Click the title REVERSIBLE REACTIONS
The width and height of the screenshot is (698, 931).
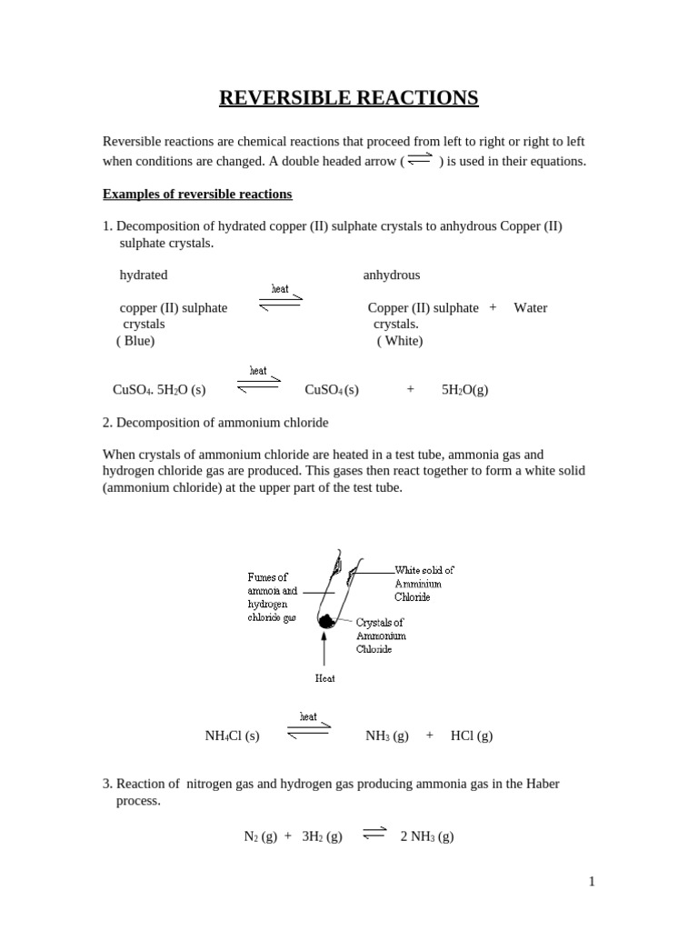348,97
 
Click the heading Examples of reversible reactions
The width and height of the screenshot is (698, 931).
197,194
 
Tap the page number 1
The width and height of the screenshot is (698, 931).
591,881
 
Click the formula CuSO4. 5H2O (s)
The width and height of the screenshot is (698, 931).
159,390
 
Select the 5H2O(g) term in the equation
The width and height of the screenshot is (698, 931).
464,390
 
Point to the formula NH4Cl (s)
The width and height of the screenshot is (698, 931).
232,736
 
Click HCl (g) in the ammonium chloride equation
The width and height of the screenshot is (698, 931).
472,736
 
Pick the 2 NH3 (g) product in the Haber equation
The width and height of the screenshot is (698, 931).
427,837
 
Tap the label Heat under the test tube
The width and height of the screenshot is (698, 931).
324,678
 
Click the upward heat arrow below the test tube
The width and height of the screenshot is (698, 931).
324,650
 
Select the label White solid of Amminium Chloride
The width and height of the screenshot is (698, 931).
424,584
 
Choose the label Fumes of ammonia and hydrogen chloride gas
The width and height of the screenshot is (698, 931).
272,596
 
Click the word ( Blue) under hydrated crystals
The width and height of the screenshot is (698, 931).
135,341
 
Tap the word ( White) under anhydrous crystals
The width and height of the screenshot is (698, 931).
400,341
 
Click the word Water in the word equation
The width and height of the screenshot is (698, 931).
531,308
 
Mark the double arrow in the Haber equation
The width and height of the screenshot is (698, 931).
374,834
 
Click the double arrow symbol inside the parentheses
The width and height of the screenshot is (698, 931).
419,160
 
